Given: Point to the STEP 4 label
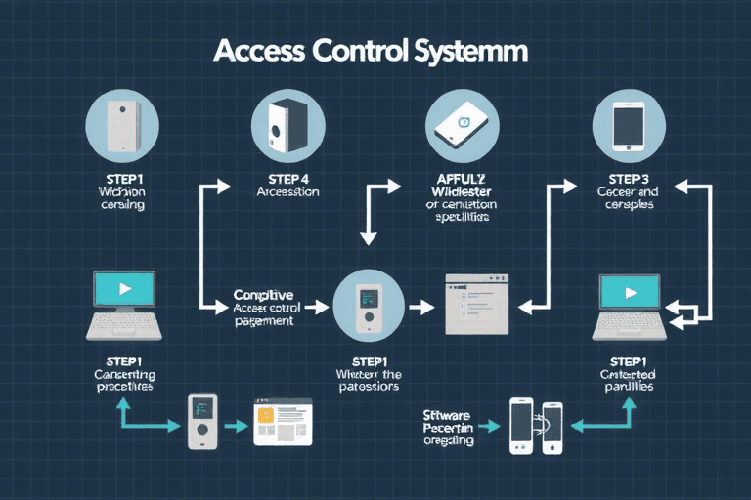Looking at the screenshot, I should click(x=287, y=179).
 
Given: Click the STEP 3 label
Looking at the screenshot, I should click(x=628, y=179).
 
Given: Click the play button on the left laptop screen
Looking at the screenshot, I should click(x=123, y=289).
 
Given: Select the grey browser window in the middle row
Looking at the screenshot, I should click(x=480, y=305).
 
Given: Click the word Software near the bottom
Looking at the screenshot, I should click(x=449, y=415).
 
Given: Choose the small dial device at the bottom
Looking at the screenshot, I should click(x=201, y=421).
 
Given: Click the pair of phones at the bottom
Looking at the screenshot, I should click(x=537, y=425).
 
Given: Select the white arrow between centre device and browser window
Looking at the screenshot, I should click(x=420, y=307).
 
